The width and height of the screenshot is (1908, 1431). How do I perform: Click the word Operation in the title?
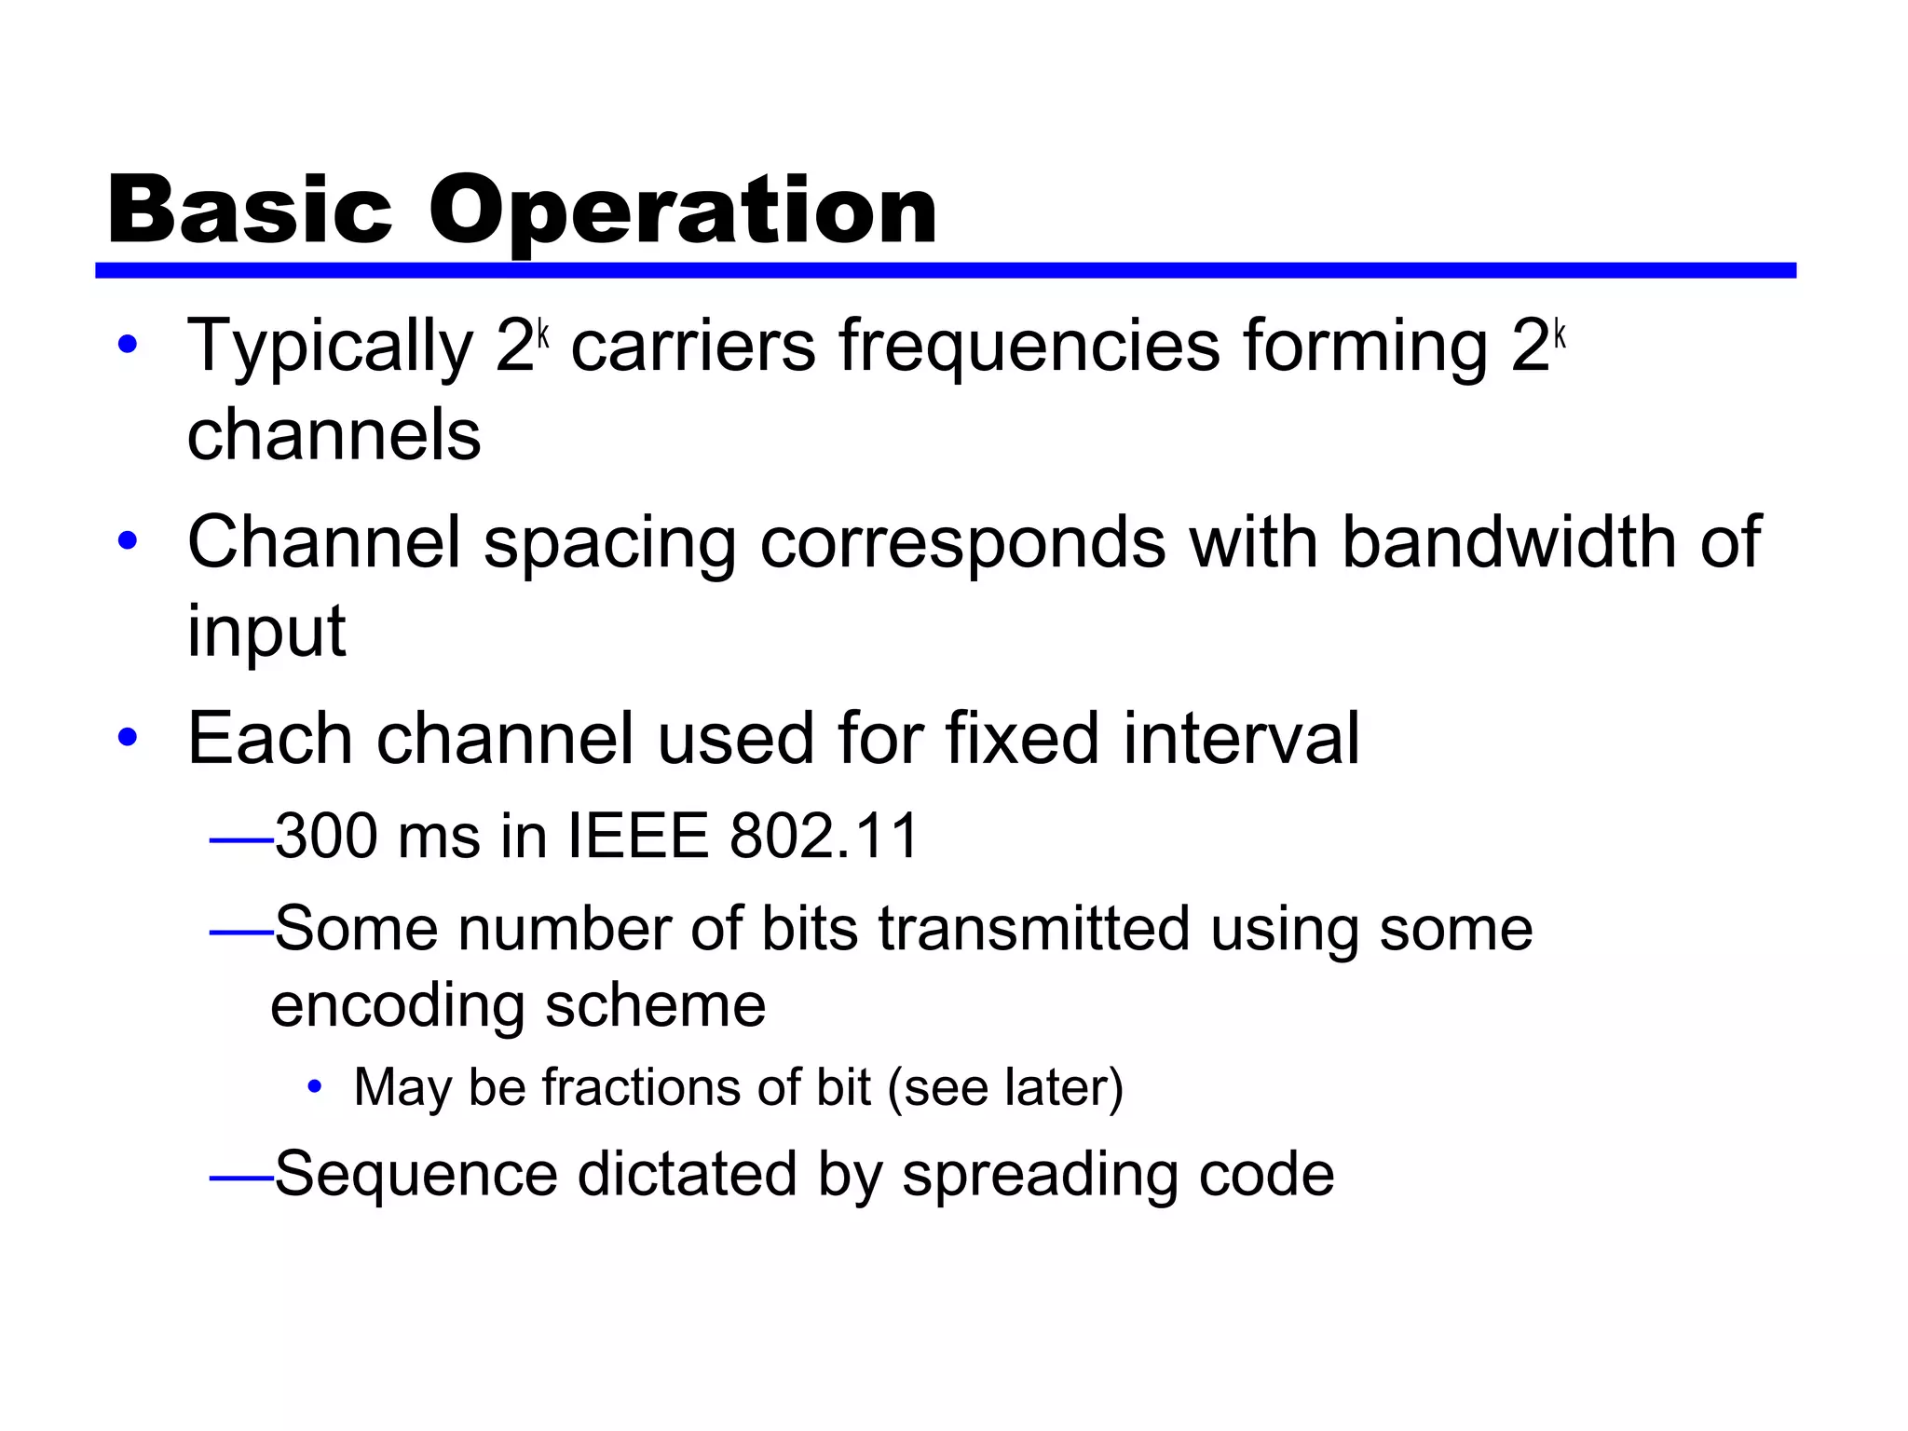682,212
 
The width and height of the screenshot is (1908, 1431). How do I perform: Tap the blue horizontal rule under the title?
945,270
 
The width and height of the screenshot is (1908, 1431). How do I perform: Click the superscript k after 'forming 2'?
1560,334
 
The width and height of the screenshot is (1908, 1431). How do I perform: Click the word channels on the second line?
334,435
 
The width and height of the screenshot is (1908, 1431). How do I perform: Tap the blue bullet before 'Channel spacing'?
128,540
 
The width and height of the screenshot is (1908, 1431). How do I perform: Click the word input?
266,632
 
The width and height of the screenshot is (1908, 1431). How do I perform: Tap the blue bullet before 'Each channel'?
128,737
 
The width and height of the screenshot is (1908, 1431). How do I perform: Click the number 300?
325,836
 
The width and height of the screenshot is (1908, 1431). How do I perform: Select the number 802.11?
825,836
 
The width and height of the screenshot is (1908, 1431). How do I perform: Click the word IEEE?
638,836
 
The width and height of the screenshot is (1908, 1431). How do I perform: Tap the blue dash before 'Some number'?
240,932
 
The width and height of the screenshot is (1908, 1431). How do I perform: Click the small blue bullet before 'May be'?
315,1086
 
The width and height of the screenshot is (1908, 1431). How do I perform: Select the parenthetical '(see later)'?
1005,1087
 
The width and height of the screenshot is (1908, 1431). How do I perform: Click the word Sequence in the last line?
416,1175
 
